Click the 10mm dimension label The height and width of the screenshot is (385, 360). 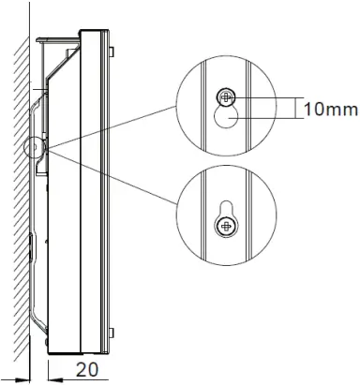(x=330, y=110)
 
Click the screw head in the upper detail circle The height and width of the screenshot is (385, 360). (x=226, y=96)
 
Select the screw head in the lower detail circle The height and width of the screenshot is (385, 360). (x=225, y=226)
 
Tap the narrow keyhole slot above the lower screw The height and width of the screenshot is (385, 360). (x=225, y=208)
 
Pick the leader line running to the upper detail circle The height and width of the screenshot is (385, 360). (x=112, y=122)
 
